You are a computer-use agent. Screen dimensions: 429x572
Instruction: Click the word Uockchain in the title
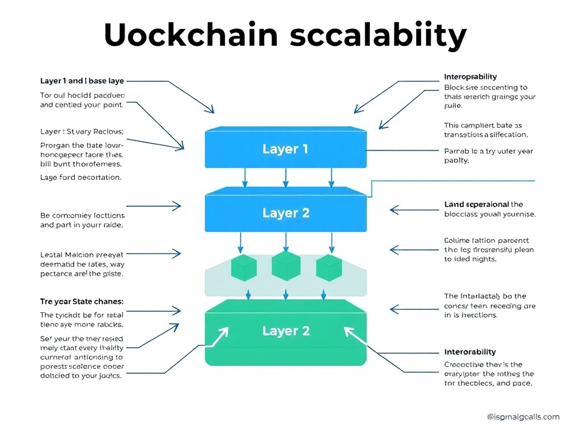point(190,35)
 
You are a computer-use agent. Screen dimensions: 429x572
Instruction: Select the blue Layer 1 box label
point(285,149)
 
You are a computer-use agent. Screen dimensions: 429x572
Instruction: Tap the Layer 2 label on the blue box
point(285,213)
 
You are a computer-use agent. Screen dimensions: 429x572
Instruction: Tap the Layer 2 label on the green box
point(285,331)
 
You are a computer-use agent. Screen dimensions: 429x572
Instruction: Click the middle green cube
point(286,266)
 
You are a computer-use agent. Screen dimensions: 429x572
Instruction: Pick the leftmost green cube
point(244,268)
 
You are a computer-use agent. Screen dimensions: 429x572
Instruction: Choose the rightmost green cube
point(328,268)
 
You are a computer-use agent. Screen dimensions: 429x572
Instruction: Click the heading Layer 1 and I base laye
point(82,81)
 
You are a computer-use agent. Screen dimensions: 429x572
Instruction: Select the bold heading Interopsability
point(470,77)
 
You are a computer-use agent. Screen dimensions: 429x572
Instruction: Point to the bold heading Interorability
point(469,352)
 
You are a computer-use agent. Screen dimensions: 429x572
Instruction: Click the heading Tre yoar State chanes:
point(82,301)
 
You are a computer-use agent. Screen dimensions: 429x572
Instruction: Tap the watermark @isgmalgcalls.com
point(523,417)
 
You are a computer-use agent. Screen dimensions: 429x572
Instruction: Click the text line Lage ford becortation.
point(80,177)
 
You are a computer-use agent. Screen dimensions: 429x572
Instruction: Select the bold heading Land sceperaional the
point(483,204)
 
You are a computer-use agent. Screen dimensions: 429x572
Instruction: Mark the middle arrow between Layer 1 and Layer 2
point(285,178)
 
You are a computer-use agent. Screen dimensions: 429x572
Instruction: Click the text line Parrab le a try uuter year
point(489,151)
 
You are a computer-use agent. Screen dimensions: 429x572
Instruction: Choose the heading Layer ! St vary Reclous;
point(82,132)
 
